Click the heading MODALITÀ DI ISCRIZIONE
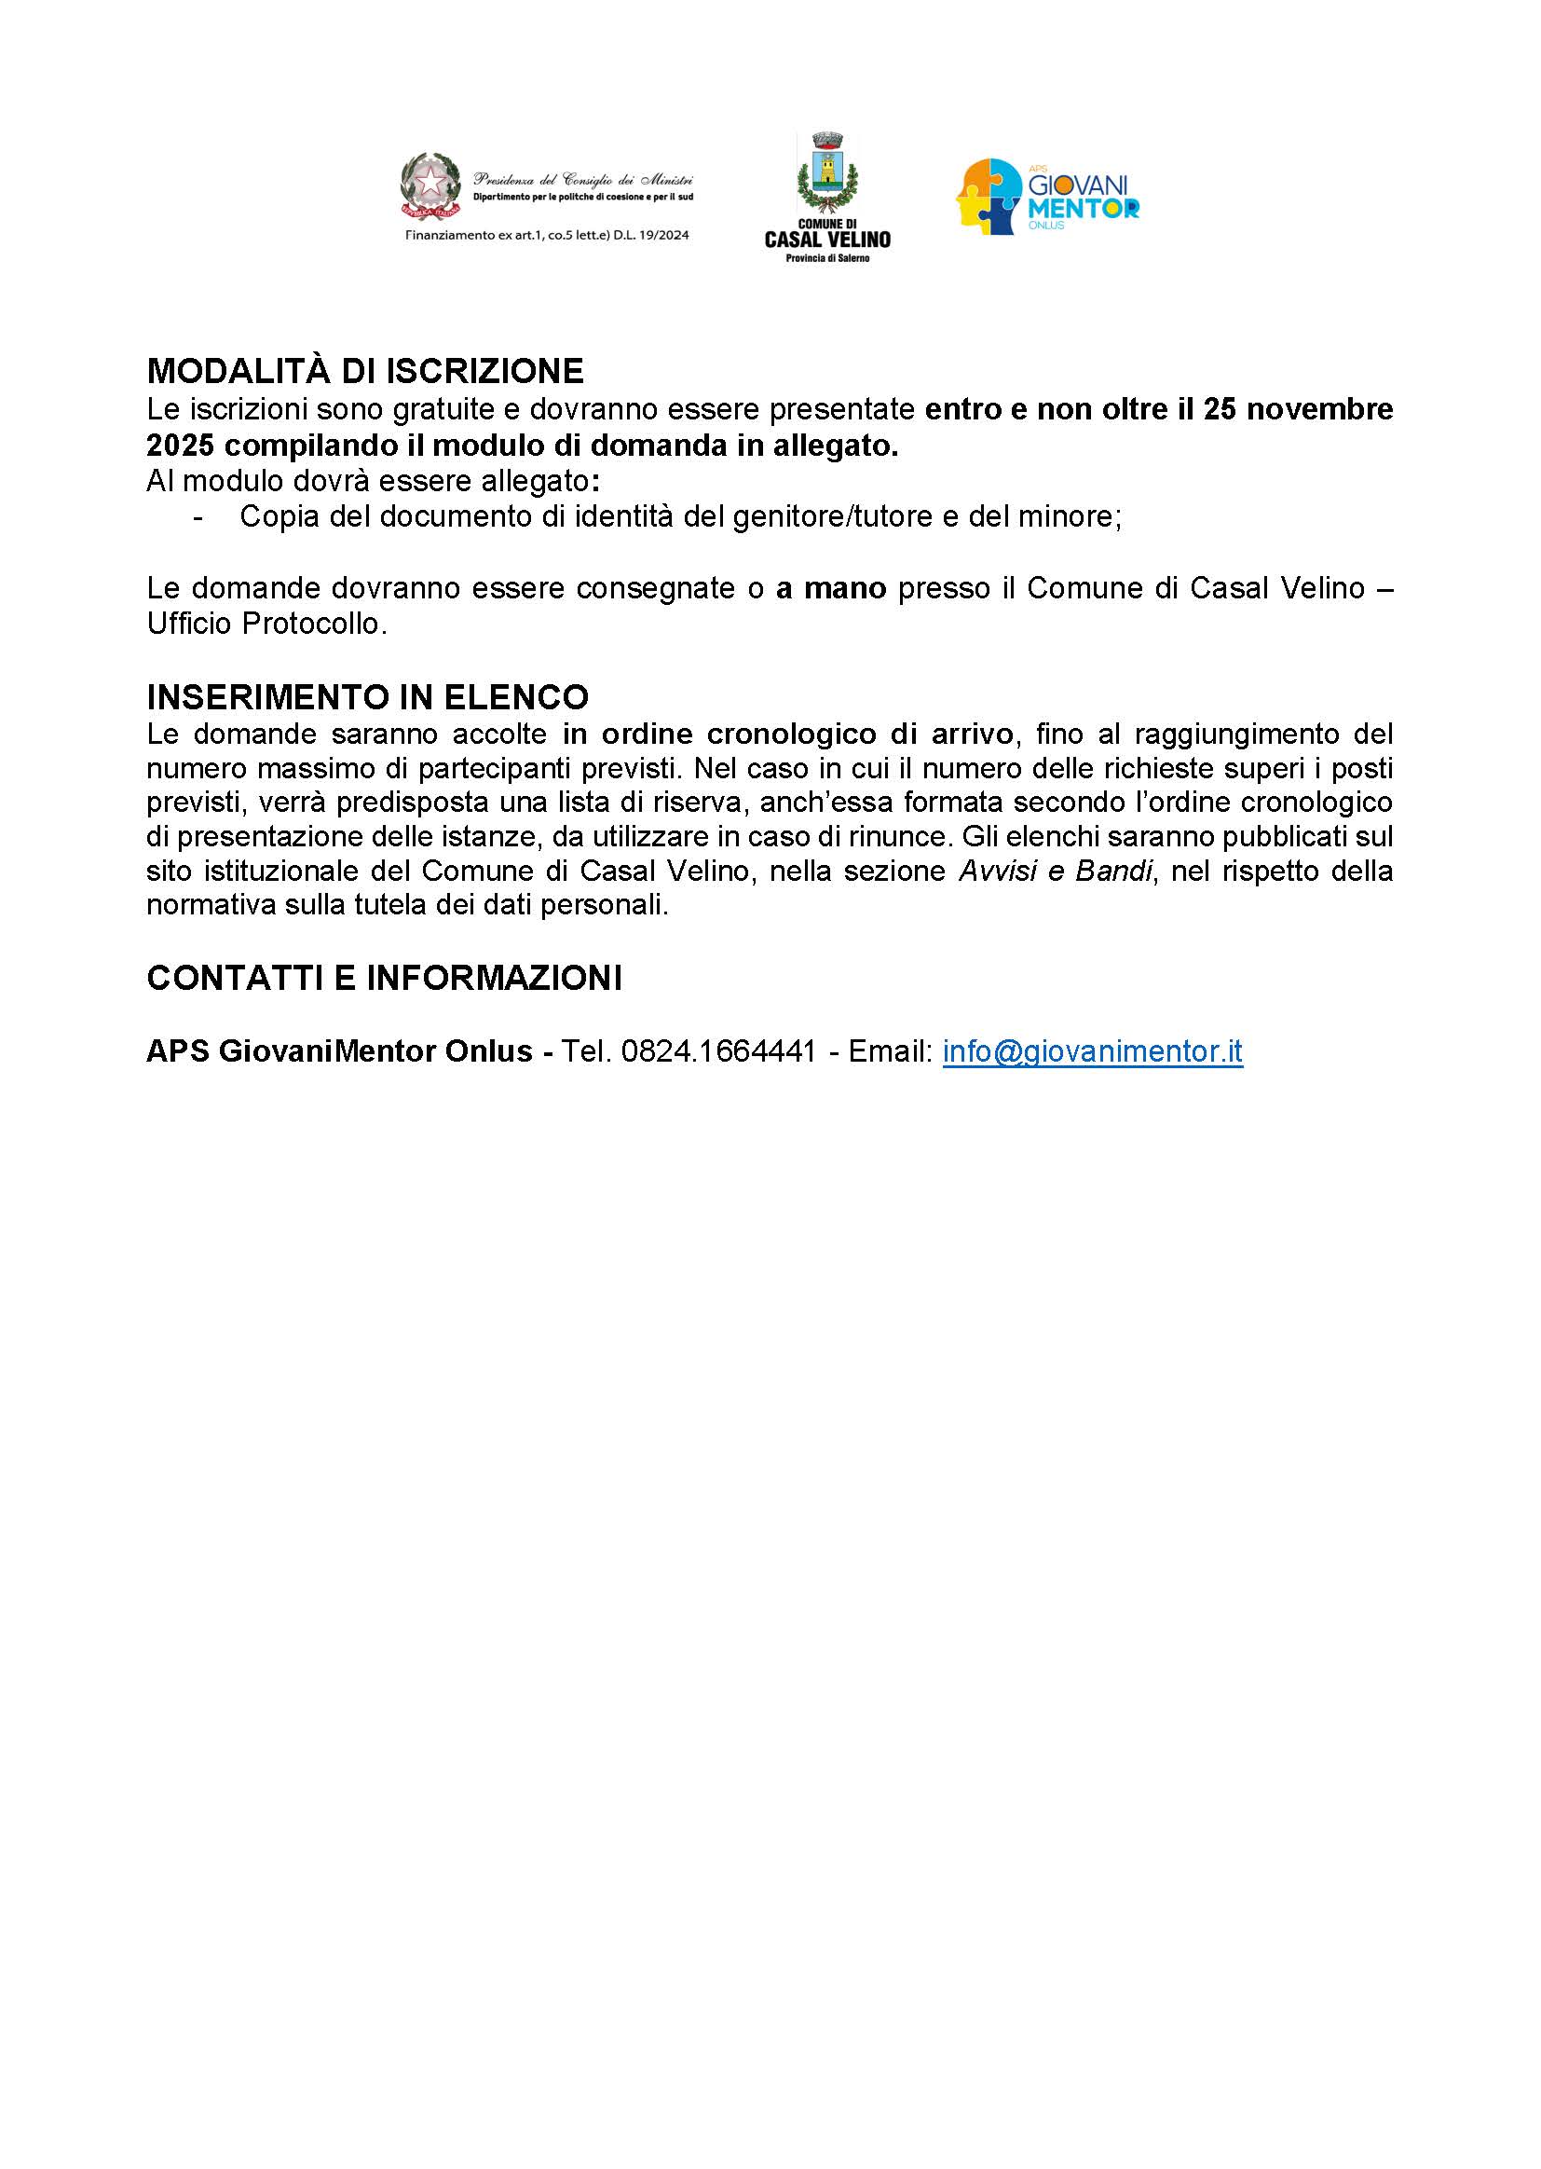pos(364,370)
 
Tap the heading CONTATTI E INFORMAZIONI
pos(383,978)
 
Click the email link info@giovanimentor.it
pos(1092,1051)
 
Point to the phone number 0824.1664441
pos(718,1051)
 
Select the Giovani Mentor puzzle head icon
pos(988,197)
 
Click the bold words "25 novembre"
pos(1298,409)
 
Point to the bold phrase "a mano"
pos(830,588)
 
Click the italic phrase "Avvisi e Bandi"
pos(1056,872)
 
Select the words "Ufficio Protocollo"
pos(266,625)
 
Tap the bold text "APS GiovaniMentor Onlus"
pos(339,1051)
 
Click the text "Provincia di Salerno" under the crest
pos(827,258)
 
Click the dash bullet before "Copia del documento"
pos(198,518)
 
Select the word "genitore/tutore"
pos(810,517)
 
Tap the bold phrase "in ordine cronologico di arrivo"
pos(787,734)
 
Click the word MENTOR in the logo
pos(1083,208)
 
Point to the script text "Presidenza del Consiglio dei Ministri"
pos(582,179)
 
